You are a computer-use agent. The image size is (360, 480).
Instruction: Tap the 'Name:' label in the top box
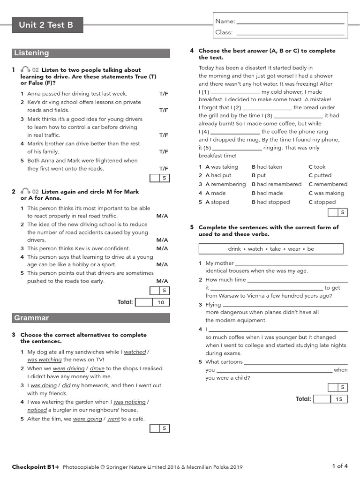pos(225,21)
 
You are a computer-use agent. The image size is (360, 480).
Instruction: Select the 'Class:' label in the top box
pos(224,32)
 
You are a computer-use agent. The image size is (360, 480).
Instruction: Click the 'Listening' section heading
pos(31,53)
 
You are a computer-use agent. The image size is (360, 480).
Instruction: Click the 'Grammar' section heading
pos(31,318)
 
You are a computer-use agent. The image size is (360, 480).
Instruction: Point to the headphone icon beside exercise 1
pos(25,70)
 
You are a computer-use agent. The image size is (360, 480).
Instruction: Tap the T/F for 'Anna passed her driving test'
pos(163,94)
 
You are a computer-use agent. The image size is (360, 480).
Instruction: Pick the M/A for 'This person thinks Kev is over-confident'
pos(162,248)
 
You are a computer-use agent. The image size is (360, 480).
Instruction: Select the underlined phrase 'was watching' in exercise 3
pos(45,360)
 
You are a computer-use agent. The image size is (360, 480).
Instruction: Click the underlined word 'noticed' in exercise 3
pos(37,410)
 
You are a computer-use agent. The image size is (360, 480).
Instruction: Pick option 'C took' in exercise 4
pos(317,167)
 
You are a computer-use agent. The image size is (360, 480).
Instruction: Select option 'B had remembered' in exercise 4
pos(277,184)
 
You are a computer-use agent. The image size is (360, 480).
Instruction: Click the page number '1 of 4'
pos(339,466)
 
